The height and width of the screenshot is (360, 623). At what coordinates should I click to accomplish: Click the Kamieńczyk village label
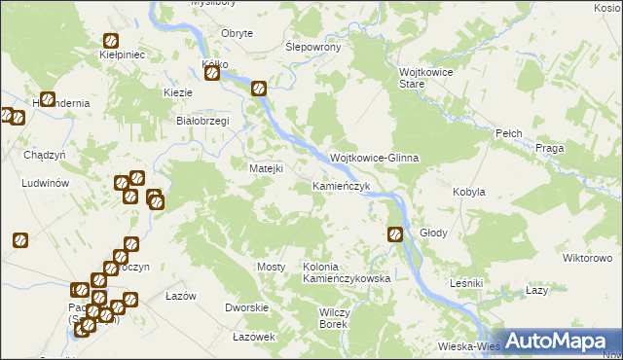point(341,185)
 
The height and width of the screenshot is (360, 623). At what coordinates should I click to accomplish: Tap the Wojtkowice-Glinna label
point(374,158)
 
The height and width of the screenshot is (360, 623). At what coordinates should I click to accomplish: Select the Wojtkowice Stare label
point(425,78)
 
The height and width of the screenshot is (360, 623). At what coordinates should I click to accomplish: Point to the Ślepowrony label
point(311,47)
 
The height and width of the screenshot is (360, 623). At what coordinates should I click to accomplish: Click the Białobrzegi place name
point(201,121)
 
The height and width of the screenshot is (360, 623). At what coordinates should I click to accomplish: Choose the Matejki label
point(266,168)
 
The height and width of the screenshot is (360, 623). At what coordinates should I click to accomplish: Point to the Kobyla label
point(468,192)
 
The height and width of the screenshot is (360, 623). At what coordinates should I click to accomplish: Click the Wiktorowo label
point(586,258)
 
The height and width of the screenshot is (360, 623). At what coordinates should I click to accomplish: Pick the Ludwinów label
point(43,183)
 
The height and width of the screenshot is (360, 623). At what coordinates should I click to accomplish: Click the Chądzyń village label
point(44,155)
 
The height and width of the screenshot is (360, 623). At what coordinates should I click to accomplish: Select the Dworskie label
point(246,307)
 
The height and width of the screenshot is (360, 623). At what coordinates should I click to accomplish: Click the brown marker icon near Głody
point(395,234)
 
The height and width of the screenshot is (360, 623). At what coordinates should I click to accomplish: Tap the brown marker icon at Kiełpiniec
point(111,41)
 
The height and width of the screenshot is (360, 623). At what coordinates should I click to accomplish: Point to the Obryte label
point(238,33)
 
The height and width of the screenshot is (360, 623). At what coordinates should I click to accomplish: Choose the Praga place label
point(550,148)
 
